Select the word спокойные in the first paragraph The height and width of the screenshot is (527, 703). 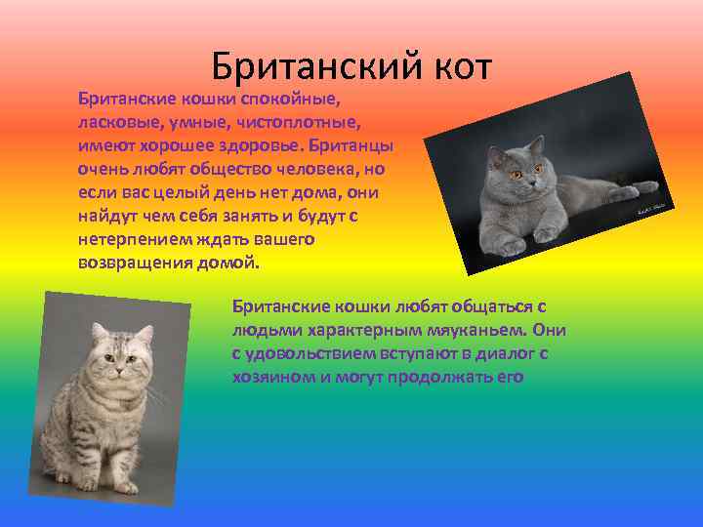292,101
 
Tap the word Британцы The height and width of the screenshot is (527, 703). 353,146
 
